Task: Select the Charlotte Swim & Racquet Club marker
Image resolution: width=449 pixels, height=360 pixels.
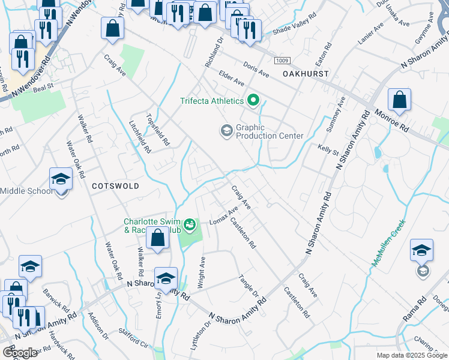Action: click(190, 225)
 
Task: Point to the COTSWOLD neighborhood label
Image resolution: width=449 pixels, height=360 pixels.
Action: click(115, 186)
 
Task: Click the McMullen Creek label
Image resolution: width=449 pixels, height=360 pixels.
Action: click(388, 243)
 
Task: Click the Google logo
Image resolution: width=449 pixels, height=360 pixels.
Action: click(20, 353)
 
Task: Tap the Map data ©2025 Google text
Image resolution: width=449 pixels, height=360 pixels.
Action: click(412, 355)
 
